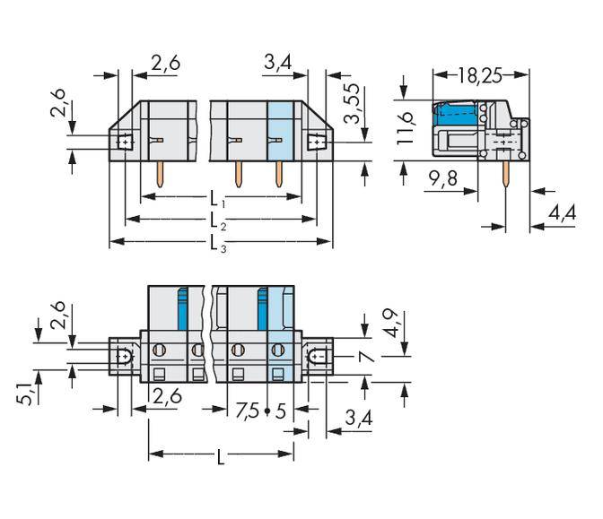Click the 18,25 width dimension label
click(x=478, y=75)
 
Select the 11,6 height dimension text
click(x=406, y=125)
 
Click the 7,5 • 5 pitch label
click(x=261, y=411)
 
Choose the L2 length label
click(x=217, y=220)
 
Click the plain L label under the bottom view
click(x=221, y=458)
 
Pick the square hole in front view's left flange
click(x=123, y=142)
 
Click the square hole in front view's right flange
click(x=316, y=142)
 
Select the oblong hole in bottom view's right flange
click(x=316, y=357)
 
